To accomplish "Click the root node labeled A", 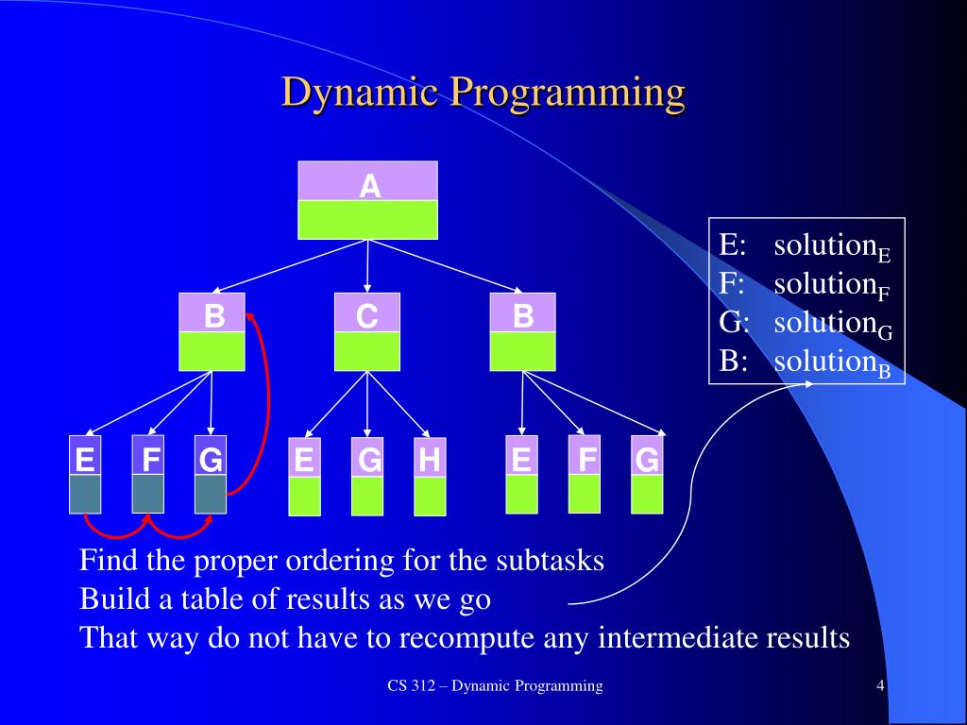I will click(368, 199).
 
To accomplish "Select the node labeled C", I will click(367, 330).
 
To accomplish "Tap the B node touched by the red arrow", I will click(212, 330).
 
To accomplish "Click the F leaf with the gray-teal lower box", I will click(148, 474).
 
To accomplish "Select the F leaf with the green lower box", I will click(585, 474).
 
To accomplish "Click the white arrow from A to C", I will click(367, 264).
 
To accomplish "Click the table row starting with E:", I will click(806, 246).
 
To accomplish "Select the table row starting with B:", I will click(806, 362).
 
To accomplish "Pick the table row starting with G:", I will click(806, 324).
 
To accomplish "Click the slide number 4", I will click(880, 686).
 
